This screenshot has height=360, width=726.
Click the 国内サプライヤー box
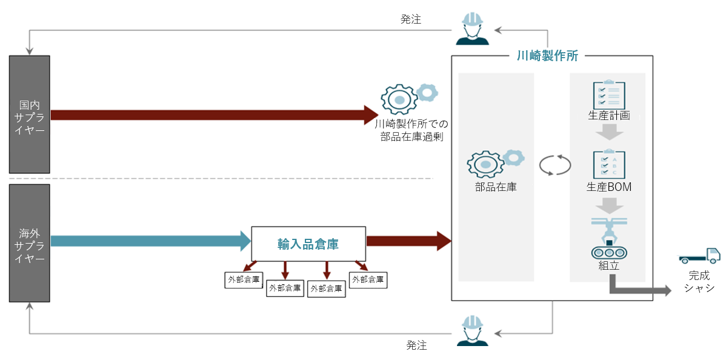pyautogui.click(x=29, y=115)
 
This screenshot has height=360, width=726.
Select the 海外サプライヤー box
pyautogui.click(x=29, y=243)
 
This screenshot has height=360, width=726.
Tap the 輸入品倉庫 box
pyautogui.click(x=308, y=244)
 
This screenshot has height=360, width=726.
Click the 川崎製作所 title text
pyautogui.click(x=547, y=56)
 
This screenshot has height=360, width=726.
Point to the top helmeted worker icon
pyautogui.click(x=473, y=29)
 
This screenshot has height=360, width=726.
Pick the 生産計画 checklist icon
pyautogui.click(x=608, y=95)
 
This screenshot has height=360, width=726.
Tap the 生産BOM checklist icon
pyautogui.click(x=608, y=164)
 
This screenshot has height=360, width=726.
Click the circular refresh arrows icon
pyautogui.click(x=555, y=165)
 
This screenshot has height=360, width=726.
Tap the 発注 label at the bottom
pyautogui.click(x=416, y=345)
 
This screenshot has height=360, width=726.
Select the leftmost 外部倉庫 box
pyautogui.click(x=244, y=280)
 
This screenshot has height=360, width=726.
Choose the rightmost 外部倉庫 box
pyautogui.click(x=368, y=279)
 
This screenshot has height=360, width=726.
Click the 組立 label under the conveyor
pyautogui.click(x=608, y=265)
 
